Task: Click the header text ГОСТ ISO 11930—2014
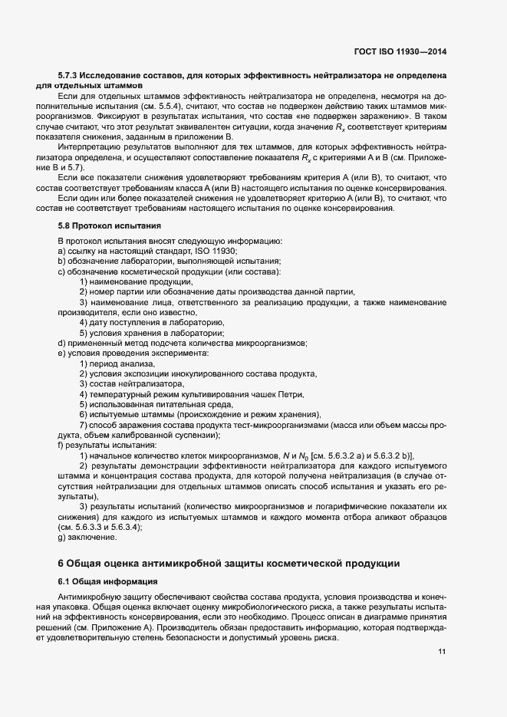[x=400, y=51]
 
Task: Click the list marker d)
[x=61, y=343]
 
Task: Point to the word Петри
[x=290, y=394]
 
